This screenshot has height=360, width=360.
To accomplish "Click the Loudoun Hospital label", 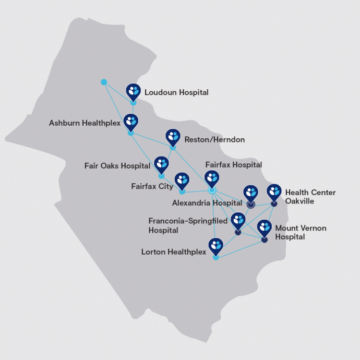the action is (176, 92).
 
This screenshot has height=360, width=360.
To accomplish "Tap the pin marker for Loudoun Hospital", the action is (134, 91).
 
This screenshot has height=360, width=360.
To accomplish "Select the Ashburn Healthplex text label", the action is (85, 123).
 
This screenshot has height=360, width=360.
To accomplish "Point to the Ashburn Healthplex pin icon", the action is (130, 122).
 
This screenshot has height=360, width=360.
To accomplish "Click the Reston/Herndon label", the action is (214, 140).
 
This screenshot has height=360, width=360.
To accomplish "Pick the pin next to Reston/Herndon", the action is (173, 137).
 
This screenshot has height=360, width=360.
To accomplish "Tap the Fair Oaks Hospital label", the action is (117, 166).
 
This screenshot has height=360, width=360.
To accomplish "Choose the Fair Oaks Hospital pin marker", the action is (162, 164).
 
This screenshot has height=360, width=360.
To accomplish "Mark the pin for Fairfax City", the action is (182, 181).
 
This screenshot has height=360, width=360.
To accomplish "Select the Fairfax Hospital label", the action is (234, 165).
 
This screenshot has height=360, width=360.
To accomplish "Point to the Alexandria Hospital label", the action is (207, 202).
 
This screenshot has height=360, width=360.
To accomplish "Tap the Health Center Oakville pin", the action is (274, 191).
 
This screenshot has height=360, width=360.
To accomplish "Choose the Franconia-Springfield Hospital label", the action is (188, 225).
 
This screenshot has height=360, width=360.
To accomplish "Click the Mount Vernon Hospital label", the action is (297, 232).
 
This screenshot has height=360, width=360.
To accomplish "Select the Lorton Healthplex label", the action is (173, 252).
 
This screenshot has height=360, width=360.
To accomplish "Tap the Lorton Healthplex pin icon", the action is (215, 245).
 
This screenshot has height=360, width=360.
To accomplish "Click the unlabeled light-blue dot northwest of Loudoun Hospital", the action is (104, 82).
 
